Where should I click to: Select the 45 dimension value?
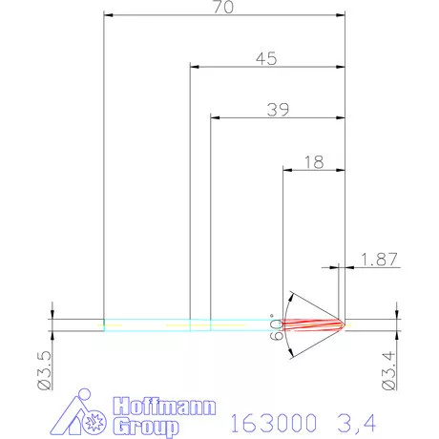tap(267, 58)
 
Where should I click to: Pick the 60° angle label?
tap(278, 327)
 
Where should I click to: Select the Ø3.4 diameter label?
tap(388, 368)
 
